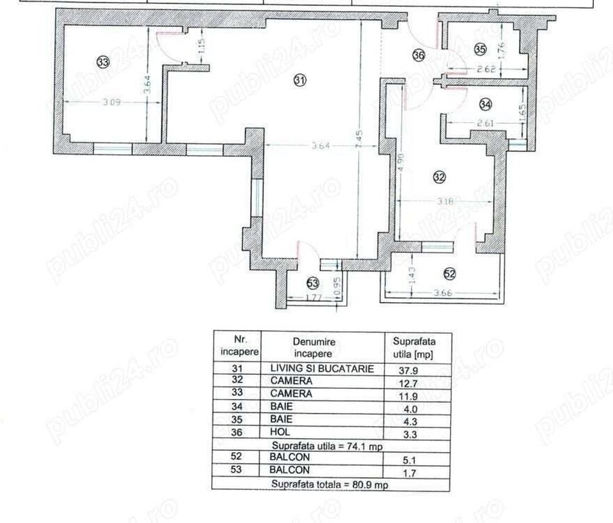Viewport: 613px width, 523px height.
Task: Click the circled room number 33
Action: click(x=103, y=62)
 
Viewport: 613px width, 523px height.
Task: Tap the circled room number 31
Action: click(x=300, y=81)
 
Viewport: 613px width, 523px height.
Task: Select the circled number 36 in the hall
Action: click(x=419, y=55)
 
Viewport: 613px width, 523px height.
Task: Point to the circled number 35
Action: click(x=479, y=49)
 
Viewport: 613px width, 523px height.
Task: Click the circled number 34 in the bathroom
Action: click(x=485, y=104)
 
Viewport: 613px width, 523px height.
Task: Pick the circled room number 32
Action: click(x=439, y=178)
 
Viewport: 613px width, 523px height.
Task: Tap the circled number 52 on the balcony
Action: click(x=449, y=273)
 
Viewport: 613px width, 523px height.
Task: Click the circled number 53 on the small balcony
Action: click(x=313, y=283)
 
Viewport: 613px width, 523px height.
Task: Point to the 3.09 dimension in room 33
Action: click(x=112, y=102)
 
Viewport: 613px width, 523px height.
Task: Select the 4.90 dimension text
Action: click(x=401, y=162)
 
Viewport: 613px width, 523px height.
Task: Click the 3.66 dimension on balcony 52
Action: click(x=443, y=293)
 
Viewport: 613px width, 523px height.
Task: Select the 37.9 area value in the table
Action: click(x=410, y=370)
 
